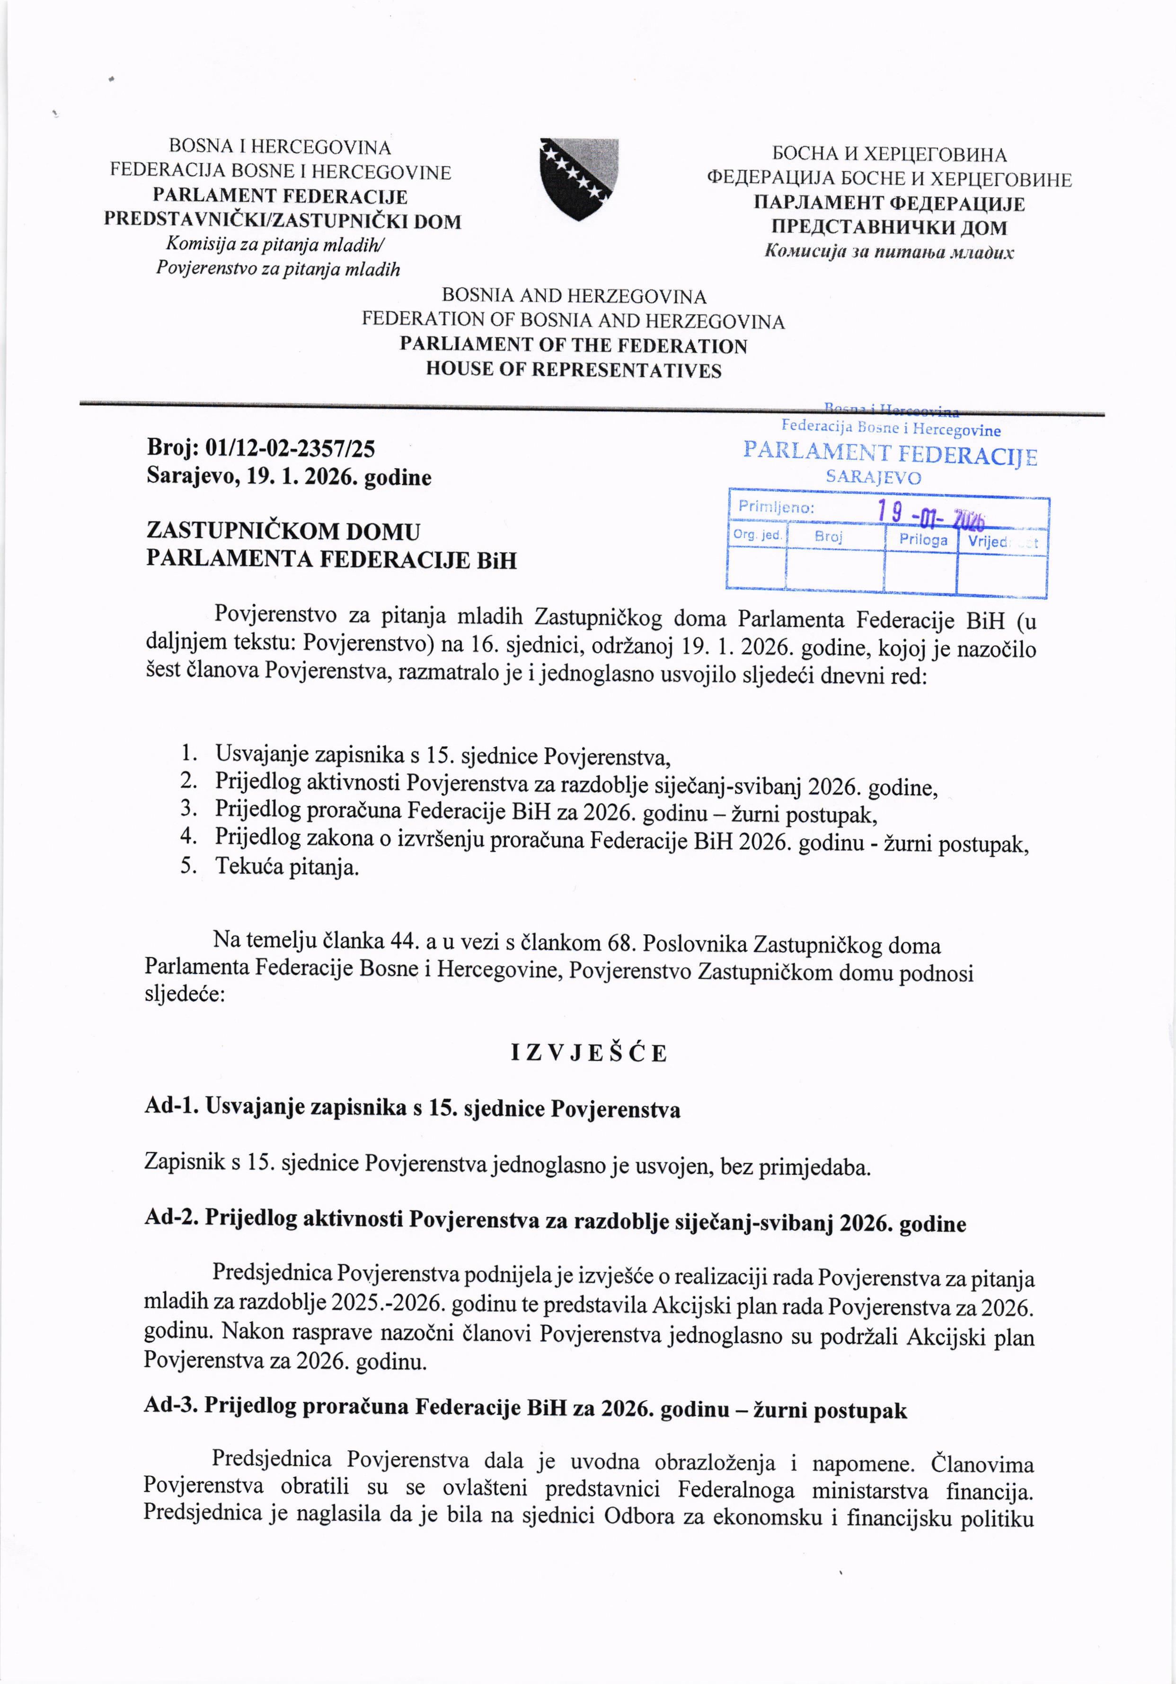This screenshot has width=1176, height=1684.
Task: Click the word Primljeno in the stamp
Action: pos(776,507)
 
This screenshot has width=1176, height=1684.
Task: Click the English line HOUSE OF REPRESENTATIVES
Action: pos(574,371)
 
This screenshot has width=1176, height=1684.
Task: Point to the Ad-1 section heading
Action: pos(412,1109)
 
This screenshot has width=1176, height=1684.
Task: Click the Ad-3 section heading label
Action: pos(173,1407)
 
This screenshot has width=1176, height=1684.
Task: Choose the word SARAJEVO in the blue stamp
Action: pos(873,478)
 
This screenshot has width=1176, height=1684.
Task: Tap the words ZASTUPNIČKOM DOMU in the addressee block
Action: pos(283,531)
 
